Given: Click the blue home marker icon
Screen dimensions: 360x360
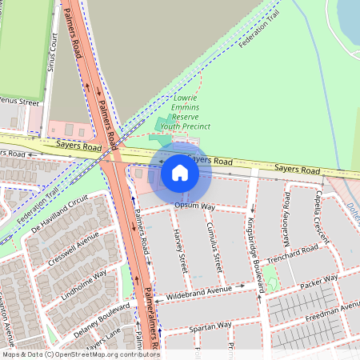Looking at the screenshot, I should point(180,173).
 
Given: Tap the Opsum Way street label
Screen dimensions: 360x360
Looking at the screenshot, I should point(195,206).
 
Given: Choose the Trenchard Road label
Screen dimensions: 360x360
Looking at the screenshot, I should point(292,254).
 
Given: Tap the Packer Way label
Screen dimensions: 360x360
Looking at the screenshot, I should point(319,282).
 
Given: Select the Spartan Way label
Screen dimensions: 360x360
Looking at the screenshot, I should point(210,326).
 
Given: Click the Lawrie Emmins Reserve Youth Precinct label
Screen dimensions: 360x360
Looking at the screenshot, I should point(185,112).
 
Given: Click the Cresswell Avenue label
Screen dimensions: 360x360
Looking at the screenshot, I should point(73,249).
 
